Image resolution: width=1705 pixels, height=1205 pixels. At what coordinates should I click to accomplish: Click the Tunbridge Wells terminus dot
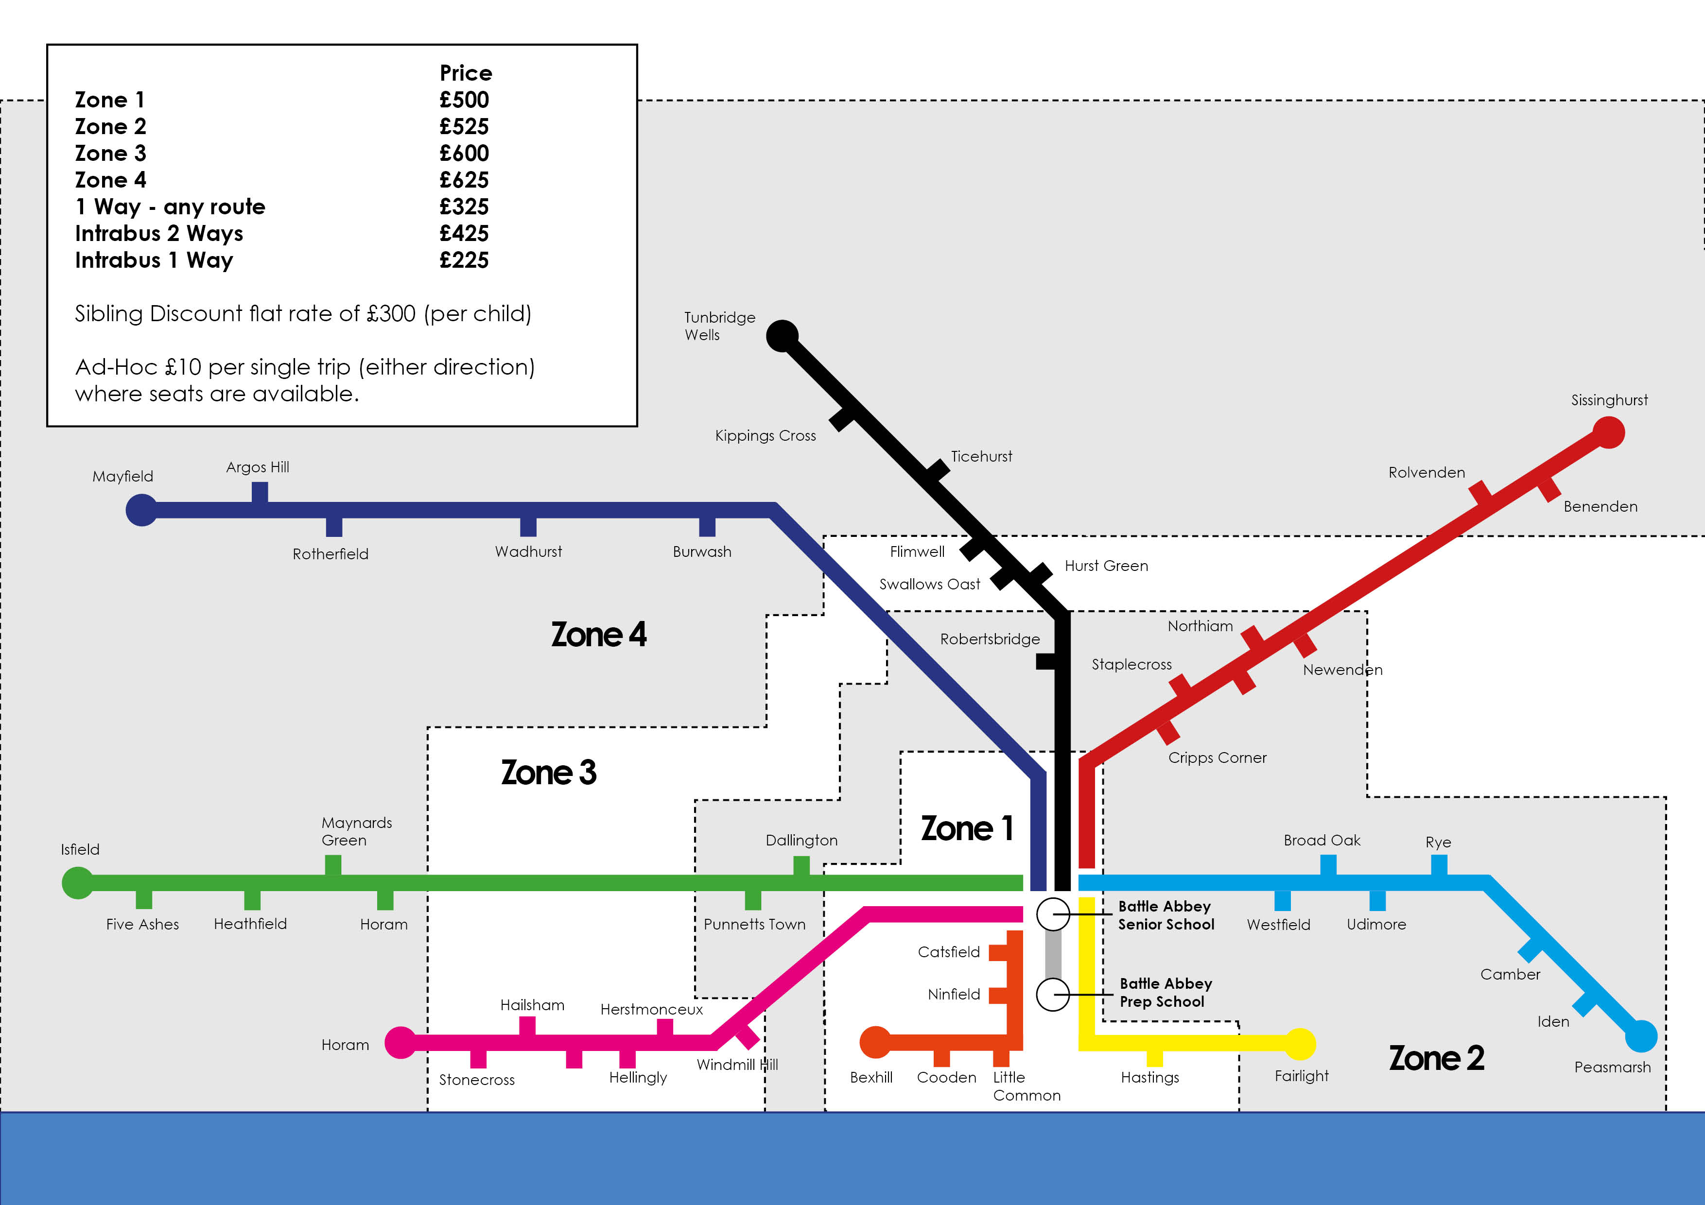coord(782,336)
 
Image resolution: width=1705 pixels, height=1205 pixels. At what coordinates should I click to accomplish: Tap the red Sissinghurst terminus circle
coord(1608,432)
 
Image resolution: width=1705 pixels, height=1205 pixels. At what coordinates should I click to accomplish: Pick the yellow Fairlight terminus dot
coord(1300,1044)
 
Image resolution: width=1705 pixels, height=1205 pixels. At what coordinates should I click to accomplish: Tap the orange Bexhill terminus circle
coord(875,1042)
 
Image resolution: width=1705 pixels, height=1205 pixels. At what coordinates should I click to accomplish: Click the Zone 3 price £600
coord(464,154)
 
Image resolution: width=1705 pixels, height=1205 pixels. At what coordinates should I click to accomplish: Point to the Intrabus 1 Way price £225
coord(464,260)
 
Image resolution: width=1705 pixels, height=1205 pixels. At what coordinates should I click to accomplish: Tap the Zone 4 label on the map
coord(598,635)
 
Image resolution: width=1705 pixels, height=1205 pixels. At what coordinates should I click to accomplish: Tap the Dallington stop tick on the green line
coord(801,866)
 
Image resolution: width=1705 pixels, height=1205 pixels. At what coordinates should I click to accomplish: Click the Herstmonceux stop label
coord(651,1010)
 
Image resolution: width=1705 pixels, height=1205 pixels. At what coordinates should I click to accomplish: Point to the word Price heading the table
coord(466,73)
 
